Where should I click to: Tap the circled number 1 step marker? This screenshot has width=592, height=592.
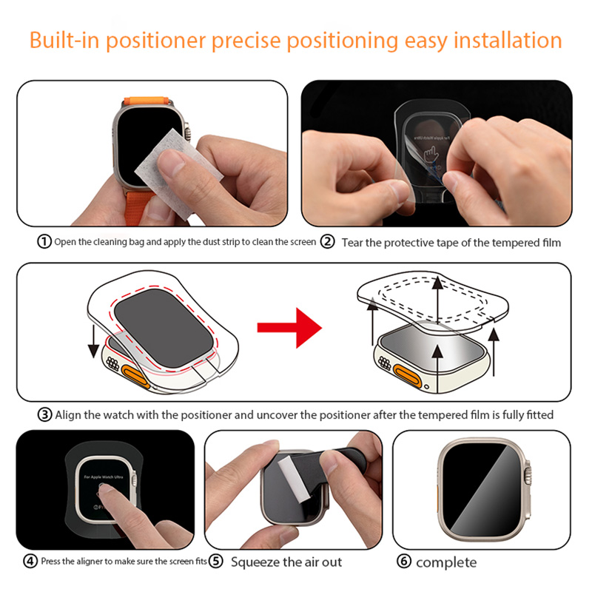tap(44, 242)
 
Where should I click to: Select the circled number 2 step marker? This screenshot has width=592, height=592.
tap(328, 242)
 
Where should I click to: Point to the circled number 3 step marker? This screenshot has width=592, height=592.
tap(44, 414)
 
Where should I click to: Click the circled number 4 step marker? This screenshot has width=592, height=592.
tap(30, 562)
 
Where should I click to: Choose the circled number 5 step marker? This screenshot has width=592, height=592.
tap(216, 562)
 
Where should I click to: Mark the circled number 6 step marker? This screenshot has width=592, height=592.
tap(404, 562)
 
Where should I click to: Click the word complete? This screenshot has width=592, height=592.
tap(446, 562)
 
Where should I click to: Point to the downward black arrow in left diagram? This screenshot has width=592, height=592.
tap(92, 340)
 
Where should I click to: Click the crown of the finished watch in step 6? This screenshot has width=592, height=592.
tap(528, 471)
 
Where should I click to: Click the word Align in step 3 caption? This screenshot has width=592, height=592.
tap(69, 415)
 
